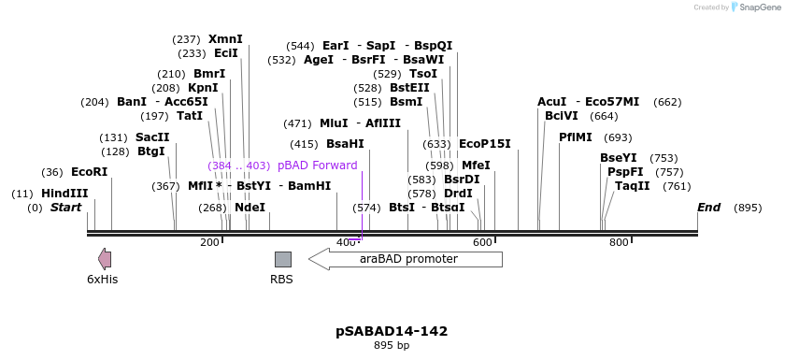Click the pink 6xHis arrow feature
pyautogui.click(x=105, y=259)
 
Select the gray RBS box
pyautogui.click(x=282, y=259)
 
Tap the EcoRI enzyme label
pyautogui.click(x=90, y=172)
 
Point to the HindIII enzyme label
pyautogui.click(x=64, y=194)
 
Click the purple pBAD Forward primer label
pyautogui.click(x=317, y=166)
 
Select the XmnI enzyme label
pyautogui.click(x=225, y=39)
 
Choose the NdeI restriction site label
pyautogui.click(x=250, y=208)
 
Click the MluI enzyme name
pyautogui.click(x=334, y=123)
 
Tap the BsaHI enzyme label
pyautogui.click(x=345, y=144)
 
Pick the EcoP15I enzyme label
pyautogui.click(x=484, y=144)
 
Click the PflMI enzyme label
pyautogui.click(x=576, y=137)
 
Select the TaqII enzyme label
pyautogui.click(x=633, y=186)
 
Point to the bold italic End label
pyautogui.click(x=708, y=208)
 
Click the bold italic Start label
pyautogui.click(x=66, y=208)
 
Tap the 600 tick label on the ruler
pyautogui.click(x=482, y=243)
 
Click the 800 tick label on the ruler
pyautogui.click(x=619, y=243)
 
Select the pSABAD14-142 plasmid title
pyautogui.click(x=392, y=331)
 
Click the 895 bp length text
pyautogui.click(x=392, y=346)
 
